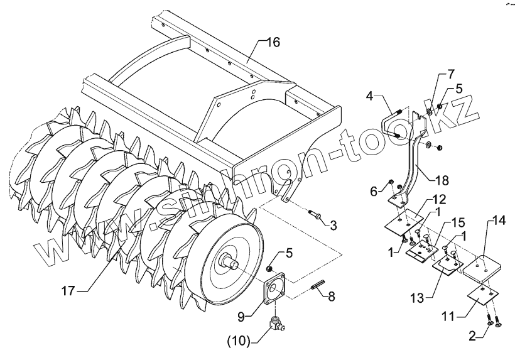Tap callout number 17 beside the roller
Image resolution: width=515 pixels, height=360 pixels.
pos(70,291)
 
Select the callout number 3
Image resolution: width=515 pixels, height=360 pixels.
pos(333,224)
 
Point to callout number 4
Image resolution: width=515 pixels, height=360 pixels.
pos(371,97)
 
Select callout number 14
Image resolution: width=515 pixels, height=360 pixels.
pos(498,221)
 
